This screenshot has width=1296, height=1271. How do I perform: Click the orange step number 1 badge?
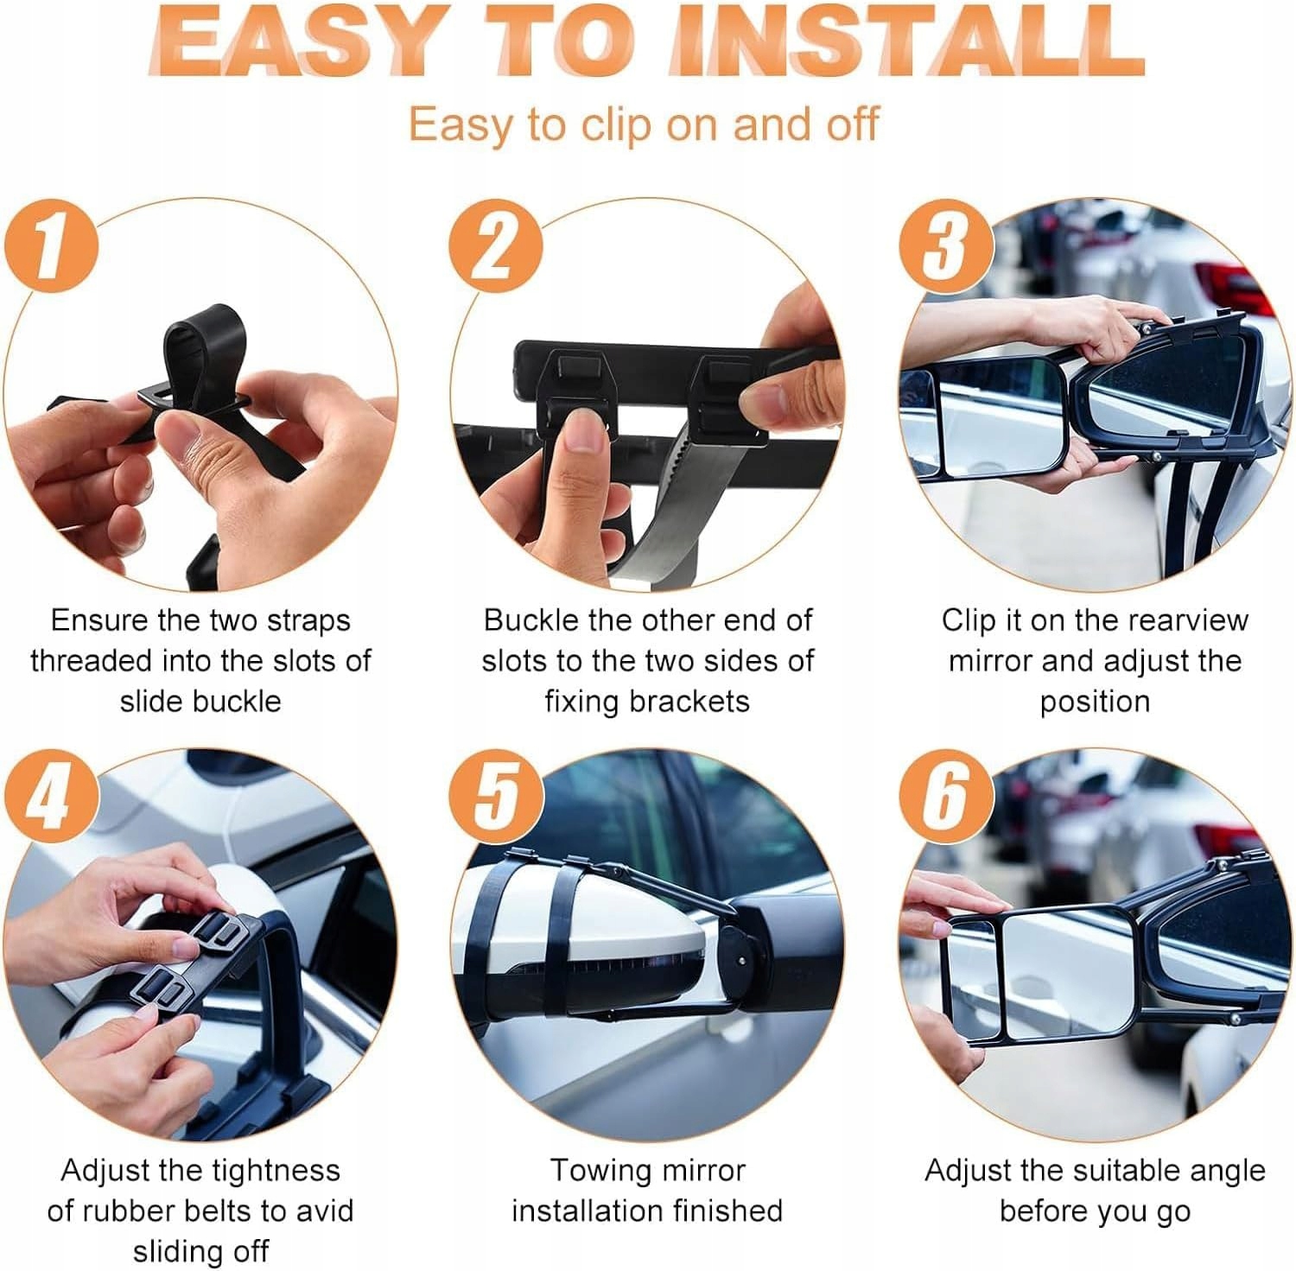(x=50, y=245)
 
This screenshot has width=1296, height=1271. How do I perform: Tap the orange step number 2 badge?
(x=496, y=245)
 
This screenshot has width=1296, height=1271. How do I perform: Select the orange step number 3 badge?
(x=945, y=245)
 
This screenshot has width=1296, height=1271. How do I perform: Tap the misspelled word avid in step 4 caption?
(x=326, y=1211)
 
